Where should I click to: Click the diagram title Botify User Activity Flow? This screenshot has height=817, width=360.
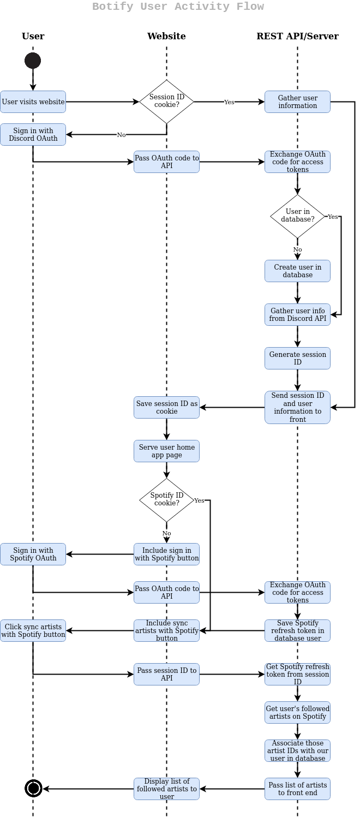click(x=178, y=7)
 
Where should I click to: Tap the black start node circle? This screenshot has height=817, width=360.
click(x=33, y=61)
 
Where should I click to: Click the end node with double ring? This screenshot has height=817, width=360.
click(x=33, y=788)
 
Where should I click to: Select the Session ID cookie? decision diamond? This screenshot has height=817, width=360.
click(x=166, y=102)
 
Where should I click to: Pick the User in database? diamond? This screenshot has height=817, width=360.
click(x=297, y=216)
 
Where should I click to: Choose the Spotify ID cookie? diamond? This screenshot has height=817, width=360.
click(x=166, y=500)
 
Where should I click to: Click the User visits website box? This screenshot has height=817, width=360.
click(x=33, y=102)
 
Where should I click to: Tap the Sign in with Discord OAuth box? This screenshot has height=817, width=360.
click(x=33, y=135)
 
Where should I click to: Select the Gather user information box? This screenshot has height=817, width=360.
click(x=297, y=102)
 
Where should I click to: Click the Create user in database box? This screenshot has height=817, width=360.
click(x=297, y=271)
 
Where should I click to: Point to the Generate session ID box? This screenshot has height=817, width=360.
click(x=297, y=359)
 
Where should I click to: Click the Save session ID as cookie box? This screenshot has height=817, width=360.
click(x=166, y=408)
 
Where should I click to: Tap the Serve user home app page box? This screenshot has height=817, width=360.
click(x=166, y=451)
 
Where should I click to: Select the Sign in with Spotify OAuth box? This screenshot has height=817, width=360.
click(x=33, y=554)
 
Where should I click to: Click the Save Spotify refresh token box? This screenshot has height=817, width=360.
click(x=297, y=631)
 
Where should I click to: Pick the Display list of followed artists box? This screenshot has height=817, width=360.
click(x=166, y=789)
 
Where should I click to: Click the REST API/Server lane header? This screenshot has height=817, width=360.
click(x=297, y=37)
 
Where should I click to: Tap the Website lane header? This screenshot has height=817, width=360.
click(x=166, y=37)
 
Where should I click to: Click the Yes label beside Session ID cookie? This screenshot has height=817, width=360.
click(x=229, y=102)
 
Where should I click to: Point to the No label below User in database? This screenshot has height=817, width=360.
click(x=297, y=249)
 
